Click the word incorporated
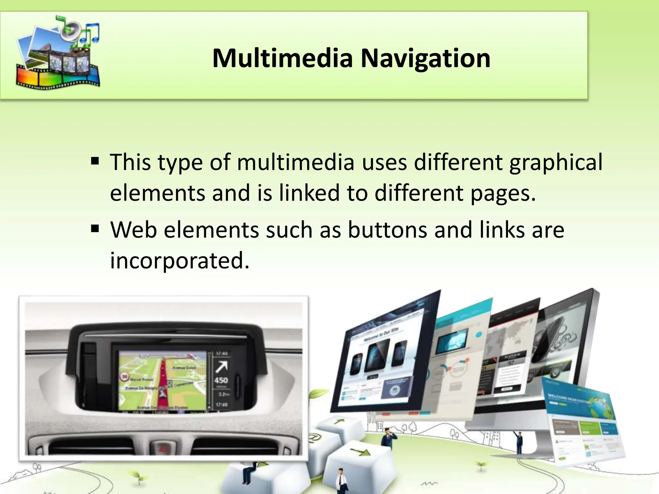180,261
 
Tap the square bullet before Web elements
95,229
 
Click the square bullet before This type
95,160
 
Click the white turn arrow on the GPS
222,367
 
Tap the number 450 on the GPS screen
221,380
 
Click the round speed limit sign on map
125,376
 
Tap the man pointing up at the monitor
519,442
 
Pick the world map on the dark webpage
505,341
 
